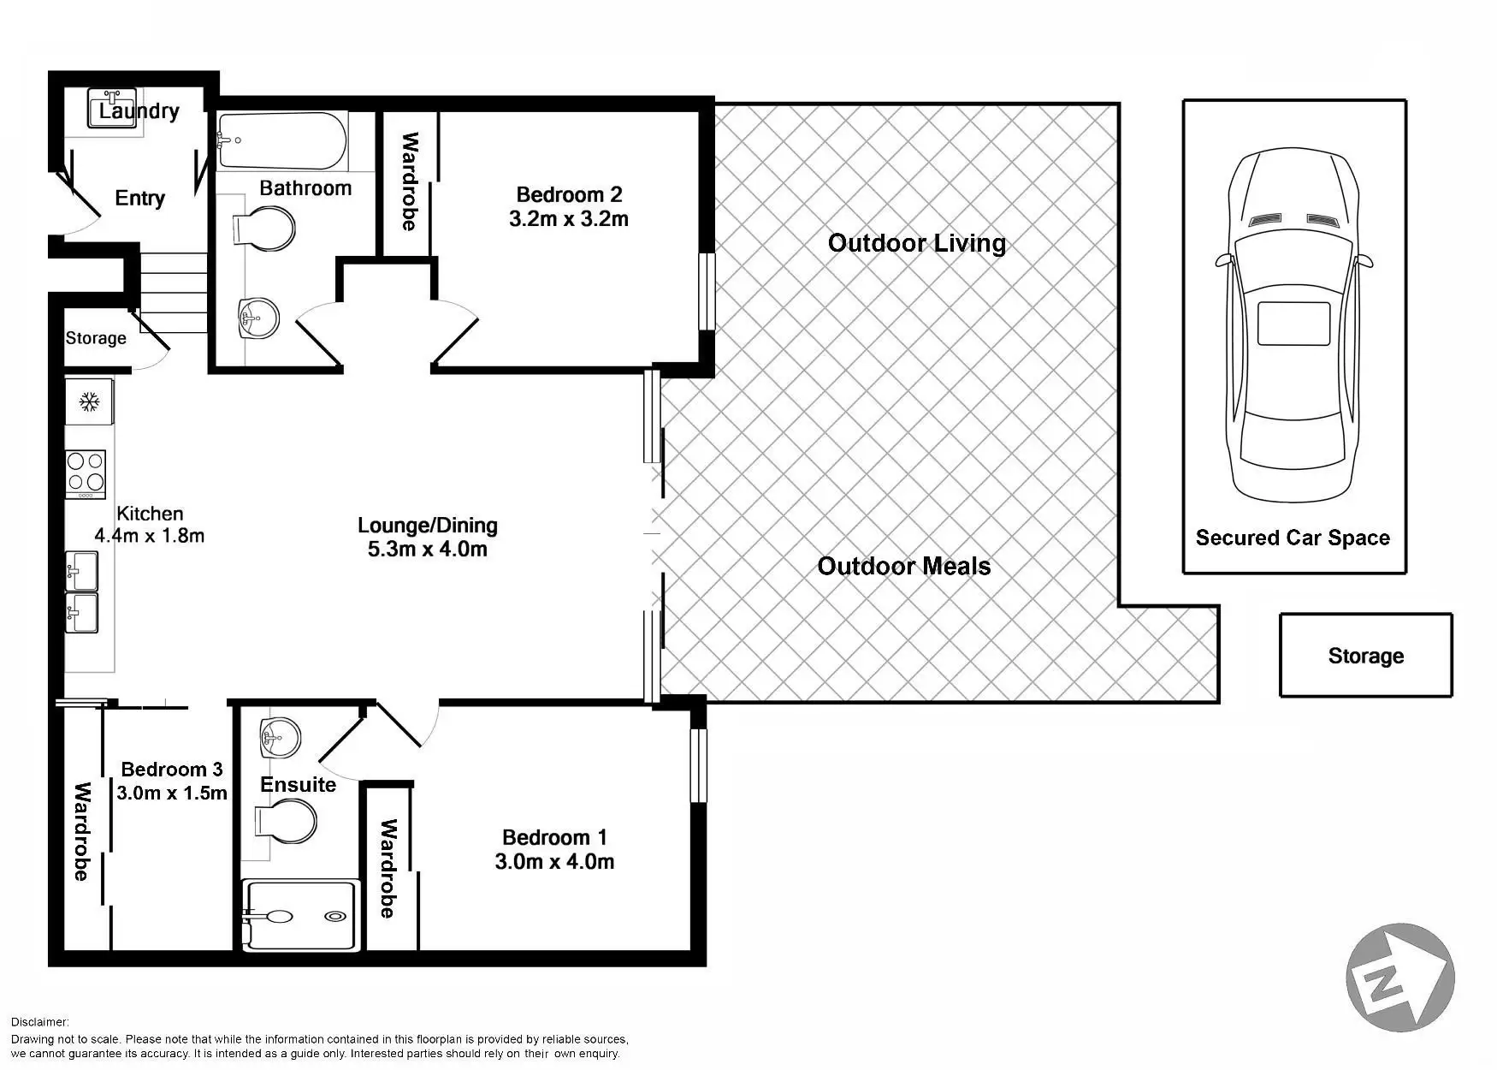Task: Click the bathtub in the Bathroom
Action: (x=281, y=141)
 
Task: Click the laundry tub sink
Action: (x=112, y=109)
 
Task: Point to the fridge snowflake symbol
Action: (x=88, y=401)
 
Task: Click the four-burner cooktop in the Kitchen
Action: (x=86, y=473)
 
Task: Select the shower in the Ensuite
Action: (x=298, y=915)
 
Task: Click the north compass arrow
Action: (x=1400, y=978)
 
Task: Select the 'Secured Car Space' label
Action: (x=1293, y=538)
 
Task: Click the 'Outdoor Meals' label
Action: (x=904, y=566)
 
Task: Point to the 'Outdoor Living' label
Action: (x=917, y=243)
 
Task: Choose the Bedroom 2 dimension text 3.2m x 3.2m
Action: (x=569, y=219)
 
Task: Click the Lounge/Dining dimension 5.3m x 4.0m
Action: (x=428, y=549)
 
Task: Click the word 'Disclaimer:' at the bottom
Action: (x=40, y=1022)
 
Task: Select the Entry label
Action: (x=139, y=199)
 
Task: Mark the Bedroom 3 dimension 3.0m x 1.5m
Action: (x=172, y=793)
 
